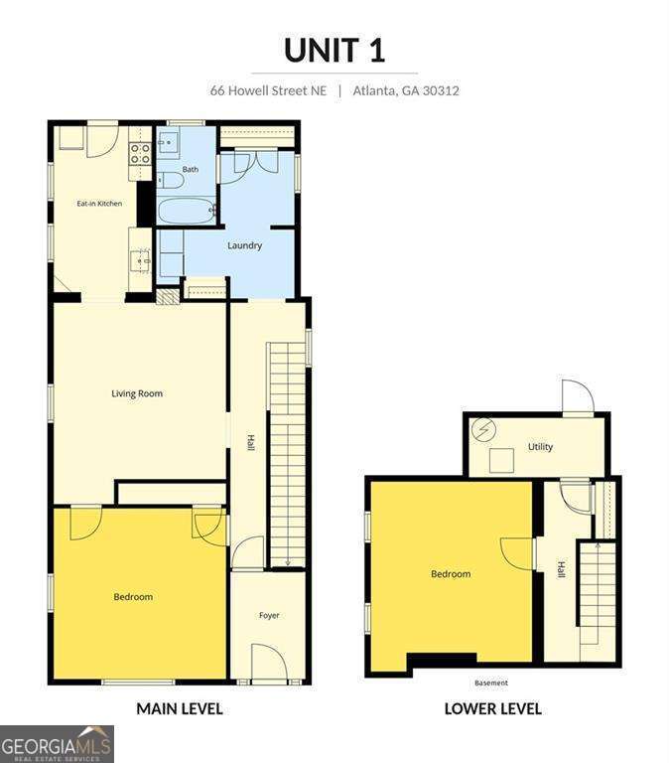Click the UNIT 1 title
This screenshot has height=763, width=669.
(x=334, y=50)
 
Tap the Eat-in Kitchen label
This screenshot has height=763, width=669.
(x=99, y=204)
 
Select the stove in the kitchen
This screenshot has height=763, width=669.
(x=140, y=153)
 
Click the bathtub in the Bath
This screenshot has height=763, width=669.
(x=187, y=211)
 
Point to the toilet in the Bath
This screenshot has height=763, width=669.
(x=170, y=181)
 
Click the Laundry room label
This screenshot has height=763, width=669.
(x=244, y=245)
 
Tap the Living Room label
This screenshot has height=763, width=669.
(x=137, y=393)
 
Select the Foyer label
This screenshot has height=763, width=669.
(x=269, y=616)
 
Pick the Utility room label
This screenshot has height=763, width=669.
(x=540, y=447)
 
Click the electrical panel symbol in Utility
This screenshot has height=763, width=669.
(x=484, y=429)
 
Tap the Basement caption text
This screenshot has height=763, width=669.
(x=491, y=683)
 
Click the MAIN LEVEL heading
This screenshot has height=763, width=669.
(x=180, y=708)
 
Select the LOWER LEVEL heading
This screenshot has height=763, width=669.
(x=493, y=708)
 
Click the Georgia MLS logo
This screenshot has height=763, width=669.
(x=57, y=744)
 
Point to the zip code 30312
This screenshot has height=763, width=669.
(x=441, y=90)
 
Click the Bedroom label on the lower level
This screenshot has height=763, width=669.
(x=451, y=574)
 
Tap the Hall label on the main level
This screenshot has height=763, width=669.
(x=250, y=443)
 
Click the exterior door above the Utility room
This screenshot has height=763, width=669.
(x=578, y=396)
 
